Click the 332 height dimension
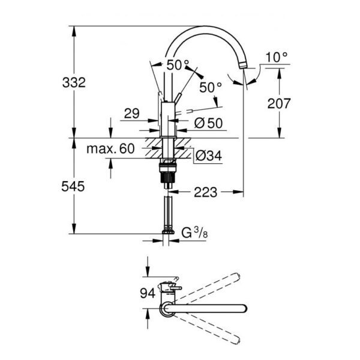coord(74,83)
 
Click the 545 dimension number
coord(73,186)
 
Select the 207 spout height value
coord(279,104)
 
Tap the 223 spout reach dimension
coord(205,192)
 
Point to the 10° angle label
coord(277,57)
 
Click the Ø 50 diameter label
coord(208,123)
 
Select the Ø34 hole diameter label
coord(208,155)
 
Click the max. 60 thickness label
coord(110,149)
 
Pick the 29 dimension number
coord(132,113)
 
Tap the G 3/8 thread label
coord(194,233)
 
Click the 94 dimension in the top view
coord(148,293)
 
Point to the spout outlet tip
coord(243,65)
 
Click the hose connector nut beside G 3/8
coord(168,232)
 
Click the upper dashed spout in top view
coord(206,288)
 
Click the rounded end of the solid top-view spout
coord(244,308)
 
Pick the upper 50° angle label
coord(178,65)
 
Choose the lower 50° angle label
coord(211,88)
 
